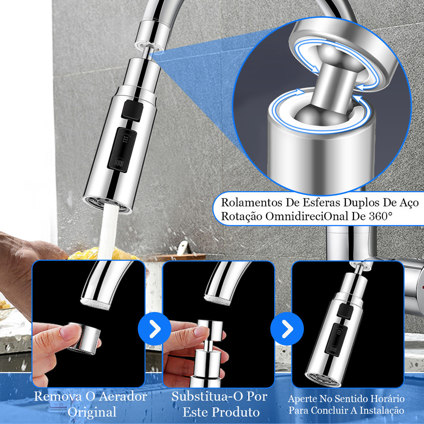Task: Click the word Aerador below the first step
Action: point(123,397)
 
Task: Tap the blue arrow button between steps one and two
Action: point(154,328)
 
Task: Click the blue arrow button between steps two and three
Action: point(287,328)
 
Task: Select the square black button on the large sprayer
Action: point(132,110)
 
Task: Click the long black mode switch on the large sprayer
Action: point(122,149)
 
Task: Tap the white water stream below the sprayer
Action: point(108,233)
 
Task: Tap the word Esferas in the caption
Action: point(321,202)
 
